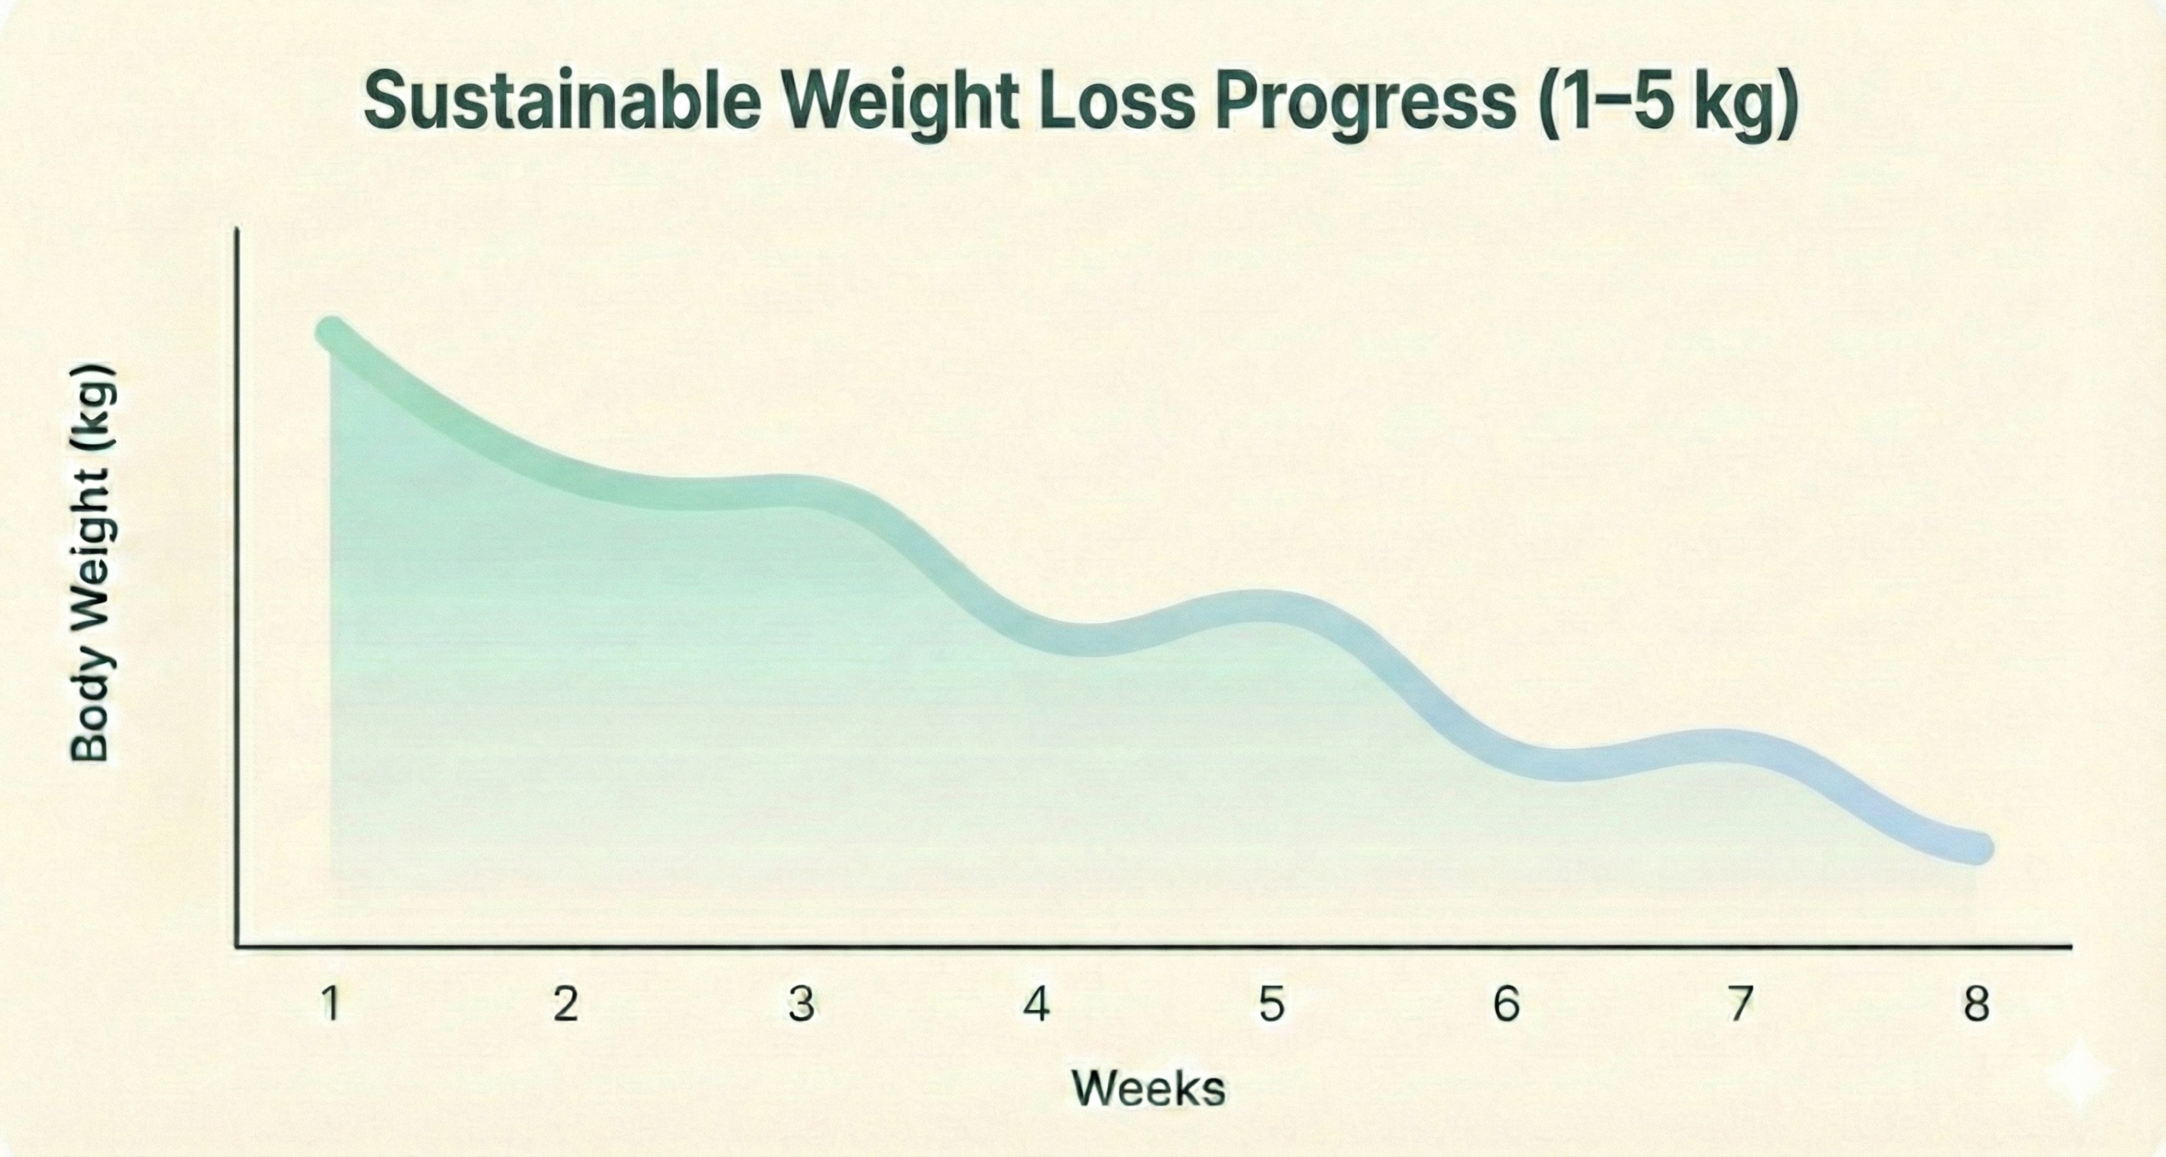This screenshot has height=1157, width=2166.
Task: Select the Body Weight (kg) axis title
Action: (91, 563)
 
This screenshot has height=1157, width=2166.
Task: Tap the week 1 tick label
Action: (332, 1004)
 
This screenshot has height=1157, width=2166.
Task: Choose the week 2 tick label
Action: (566, 1004)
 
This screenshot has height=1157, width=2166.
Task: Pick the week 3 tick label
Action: (801, 1004)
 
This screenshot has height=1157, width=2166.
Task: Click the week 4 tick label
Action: (1037, 1004)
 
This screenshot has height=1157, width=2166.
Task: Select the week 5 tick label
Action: (1271, 1004)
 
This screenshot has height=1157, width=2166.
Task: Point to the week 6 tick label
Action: (1506, 1004)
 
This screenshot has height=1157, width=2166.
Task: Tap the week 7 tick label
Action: (1741, 1004)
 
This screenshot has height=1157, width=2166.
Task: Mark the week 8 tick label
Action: (1976, 1004)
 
